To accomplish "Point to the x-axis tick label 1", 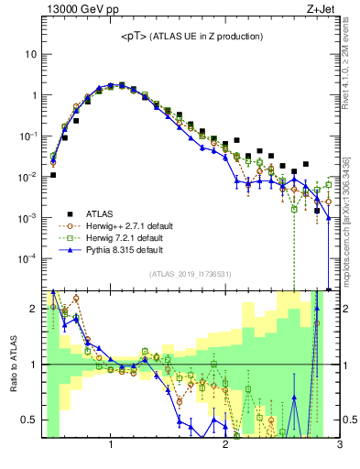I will (111, 446).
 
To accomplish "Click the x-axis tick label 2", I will (225, 446).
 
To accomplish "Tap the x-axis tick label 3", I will (339, 446).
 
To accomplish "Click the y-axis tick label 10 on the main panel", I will (30, 54).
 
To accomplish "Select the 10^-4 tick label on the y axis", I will (27, 258).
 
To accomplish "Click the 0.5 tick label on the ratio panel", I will (28, 420).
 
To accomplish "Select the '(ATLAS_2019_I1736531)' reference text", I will (191, 274).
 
